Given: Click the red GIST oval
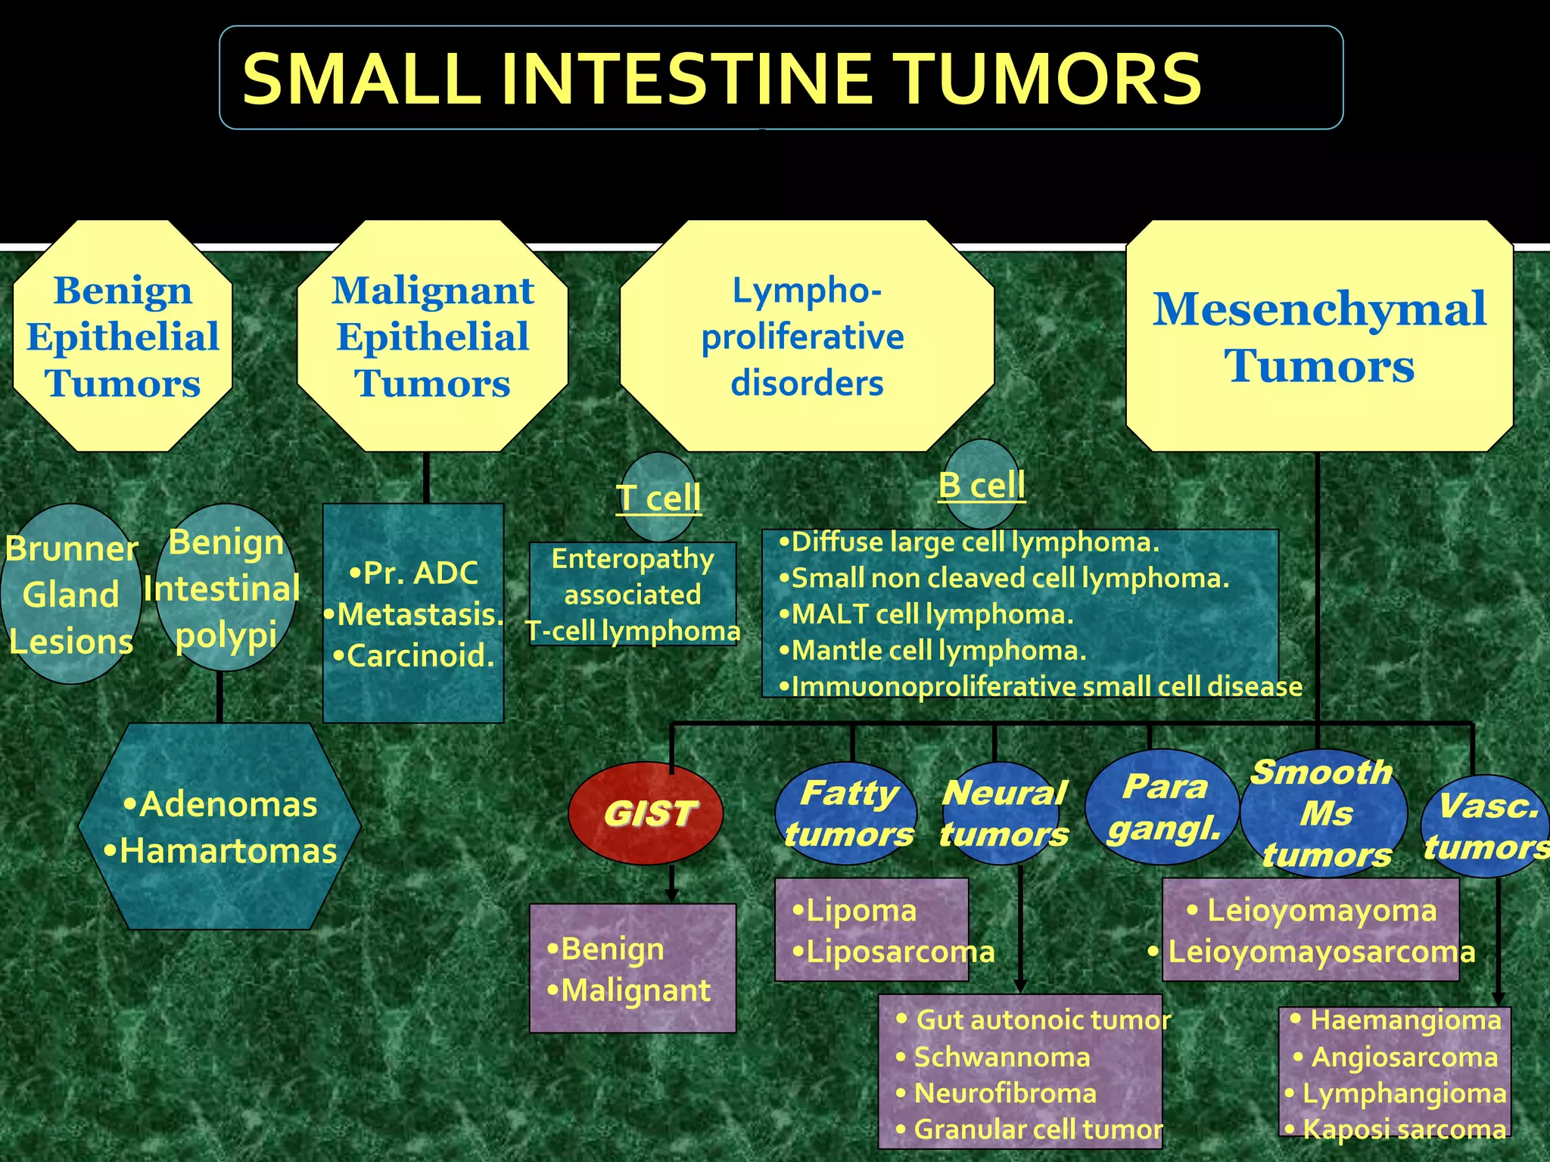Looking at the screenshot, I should tap(646, 813).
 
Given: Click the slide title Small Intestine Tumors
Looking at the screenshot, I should tap(721, 79).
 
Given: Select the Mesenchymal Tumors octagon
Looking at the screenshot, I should tap(1319, 337).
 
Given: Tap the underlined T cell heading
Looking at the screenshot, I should tap(658, 498).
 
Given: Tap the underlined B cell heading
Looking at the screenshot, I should tap(982, 485).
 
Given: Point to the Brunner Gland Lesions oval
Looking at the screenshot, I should tap(70, 595).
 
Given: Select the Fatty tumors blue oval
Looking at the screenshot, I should tap(847, 814).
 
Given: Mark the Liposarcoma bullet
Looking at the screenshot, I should tap(893, 952).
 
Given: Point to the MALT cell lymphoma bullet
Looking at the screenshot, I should tap(927, 614).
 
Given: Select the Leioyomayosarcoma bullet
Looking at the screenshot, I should tap(1313, 952).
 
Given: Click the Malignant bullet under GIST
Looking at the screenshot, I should tap(629, 990).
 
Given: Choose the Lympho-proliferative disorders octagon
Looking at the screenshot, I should tap(807, 337).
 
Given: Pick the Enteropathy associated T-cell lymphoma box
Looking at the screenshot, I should tap(633, 595).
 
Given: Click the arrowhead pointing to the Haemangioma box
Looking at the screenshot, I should tap(1498, 999).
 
